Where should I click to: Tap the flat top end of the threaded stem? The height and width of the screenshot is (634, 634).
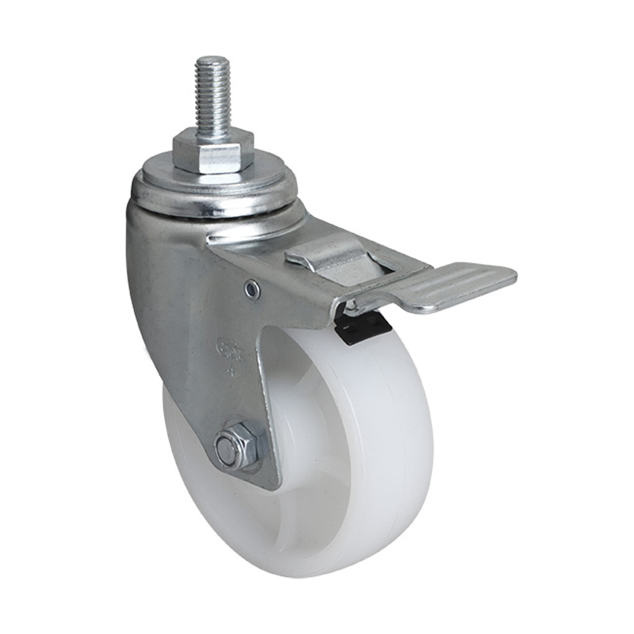(x=212, y=60)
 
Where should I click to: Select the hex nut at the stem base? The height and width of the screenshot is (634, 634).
(x=213, y=151)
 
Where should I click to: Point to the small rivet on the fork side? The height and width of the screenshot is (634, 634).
(x=253, y=291)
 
